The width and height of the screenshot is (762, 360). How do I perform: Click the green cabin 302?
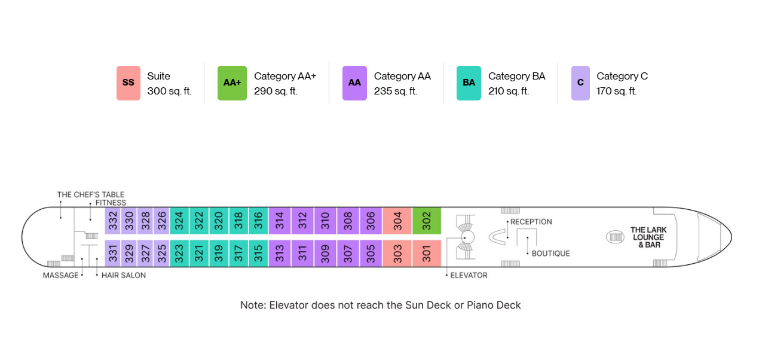tap(427, 221)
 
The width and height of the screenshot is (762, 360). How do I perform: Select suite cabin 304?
tap(397, 221)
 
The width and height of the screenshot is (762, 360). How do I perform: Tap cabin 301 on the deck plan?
tap(427, 254)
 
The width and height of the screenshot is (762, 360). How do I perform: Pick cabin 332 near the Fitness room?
tap(112, 221)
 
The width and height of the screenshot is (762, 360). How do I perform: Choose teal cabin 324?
tap(179, 221)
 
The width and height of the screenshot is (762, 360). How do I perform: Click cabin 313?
tap(280, 254)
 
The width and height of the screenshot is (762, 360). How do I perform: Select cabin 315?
tap(259, 254)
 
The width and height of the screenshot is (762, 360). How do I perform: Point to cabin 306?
tap(371, 221)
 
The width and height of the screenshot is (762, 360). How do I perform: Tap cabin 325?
tap(161, 254)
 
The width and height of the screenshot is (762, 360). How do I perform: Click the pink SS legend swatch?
tap(128, 83)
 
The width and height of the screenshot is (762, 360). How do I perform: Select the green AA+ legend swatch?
tap(232, 83)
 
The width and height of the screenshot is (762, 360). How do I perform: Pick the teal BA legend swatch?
tap(469, 83)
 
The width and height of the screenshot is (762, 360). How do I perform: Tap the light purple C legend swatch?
tap(580, 83)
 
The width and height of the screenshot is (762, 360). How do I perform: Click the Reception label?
tap(531, 222)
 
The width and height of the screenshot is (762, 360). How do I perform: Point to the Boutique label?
tap(551, 254)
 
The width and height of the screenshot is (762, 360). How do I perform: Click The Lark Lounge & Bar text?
tap(648, 237)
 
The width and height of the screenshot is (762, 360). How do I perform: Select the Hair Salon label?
tap(124, 275)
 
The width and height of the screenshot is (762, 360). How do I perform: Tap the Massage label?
tap(60, 275)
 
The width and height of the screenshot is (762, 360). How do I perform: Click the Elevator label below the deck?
tap(469, 275)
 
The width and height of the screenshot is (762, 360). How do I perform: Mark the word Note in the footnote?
tap(253, 305)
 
